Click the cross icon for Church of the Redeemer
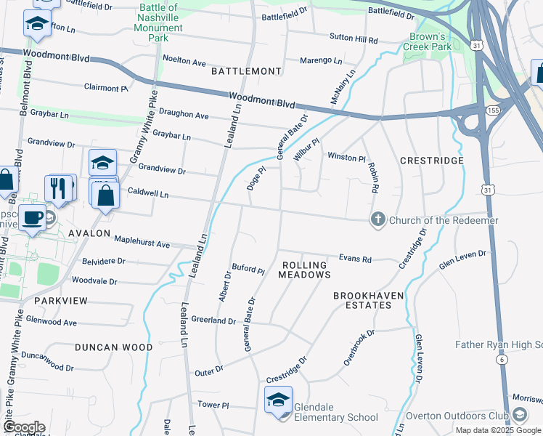tap(377, 220)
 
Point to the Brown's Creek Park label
tap(428, 41)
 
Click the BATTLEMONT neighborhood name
tap(246, 71)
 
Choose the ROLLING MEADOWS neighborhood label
tap(305, 270)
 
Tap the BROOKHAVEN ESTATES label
tap(372, 300)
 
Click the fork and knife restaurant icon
tap(57, 187)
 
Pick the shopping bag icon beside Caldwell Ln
tap(107, 194)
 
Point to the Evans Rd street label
tap(355, 259)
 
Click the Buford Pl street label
tap(248, 270)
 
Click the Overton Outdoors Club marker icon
tap(519, 415)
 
